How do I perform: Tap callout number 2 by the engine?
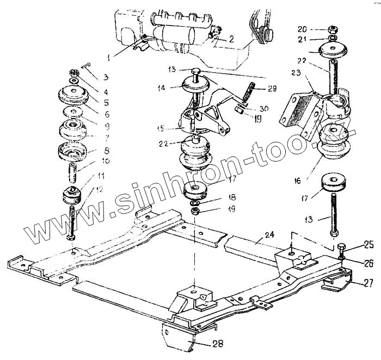pos(231,39)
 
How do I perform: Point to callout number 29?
pos(273,88)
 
